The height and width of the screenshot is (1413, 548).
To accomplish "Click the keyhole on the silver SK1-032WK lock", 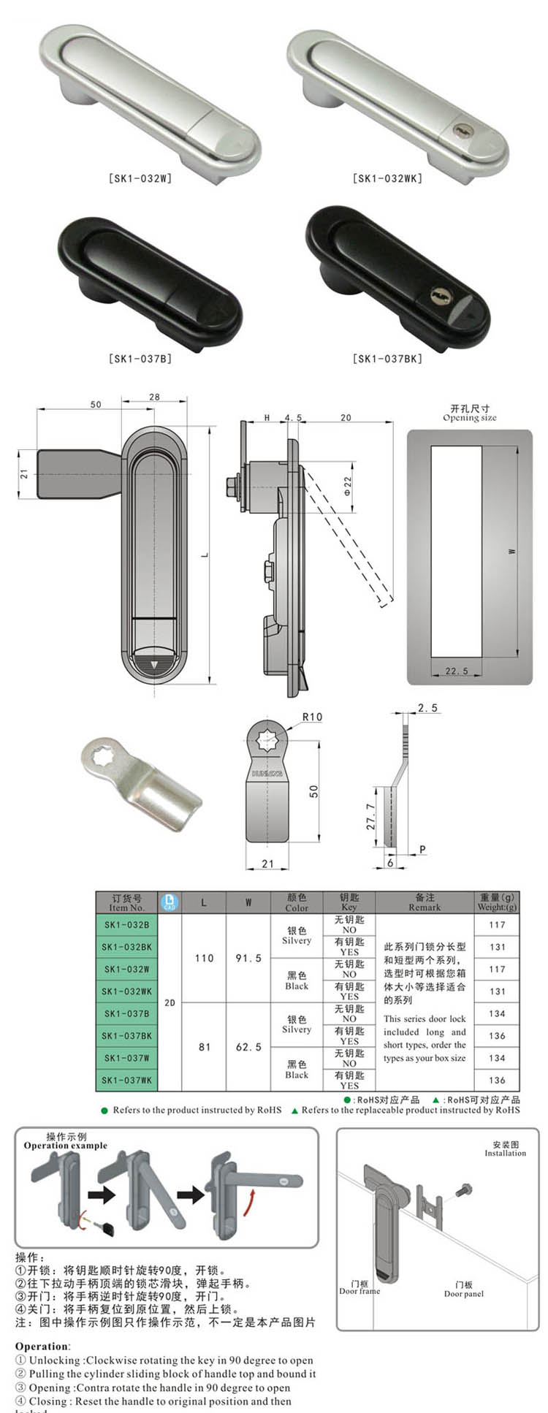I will click(x=463, y=130).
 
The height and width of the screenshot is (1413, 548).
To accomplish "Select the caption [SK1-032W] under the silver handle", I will click(x=140, y=178).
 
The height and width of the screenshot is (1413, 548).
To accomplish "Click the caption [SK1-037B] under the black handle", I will click(x=140, y=359).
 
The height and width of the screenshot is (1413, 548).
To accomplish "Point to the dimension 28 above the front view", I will click(x=154, y=397).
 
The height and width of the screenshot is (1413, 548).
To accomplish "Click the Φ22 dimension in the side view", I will click(x=348, y=486).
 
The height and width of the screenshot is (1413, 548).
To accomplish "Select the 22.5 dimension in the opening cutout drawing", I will click(x=457, y=671).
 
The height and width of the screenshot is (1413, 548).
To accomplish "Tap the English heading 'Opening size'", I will click(x=469, y=418).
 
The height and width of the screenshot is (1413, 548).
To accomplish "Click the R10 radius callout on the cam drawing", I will click(x=312, y=717).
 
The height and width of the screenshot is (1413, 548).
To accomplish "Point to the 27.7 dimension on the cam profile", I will click(x=370, y=817).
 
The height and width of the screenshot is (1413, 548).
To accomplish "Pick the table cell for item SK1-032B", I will click(x=126, y=925).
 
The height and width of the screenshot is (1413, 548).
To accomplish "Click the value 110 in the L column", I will click(x=204, y=958).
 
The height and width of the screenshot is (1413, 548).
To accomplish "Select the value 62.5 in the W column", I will click(x=248, y=1047).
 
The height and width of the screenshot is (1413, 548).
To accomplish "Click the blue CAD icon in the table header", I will click(x=170, y=902).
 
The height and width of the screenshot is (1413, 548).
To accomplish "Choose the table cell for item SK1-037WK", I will click(x=126, y=1080).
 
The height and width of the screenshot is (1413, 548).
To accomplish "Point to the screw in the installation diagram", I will click(x=462, y=1191).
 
